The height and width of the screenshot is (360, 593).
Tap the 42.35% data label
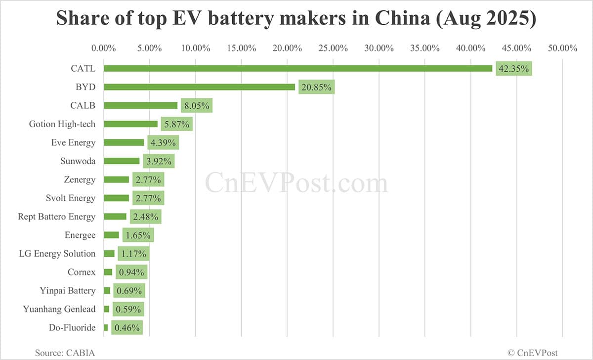pyautogui.click(x=514, y=69)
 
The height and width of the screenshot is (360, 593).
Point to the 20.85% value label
pyautogui.click(x=316, y=87)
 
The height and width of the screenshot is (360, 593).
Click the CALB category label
pyautogui.click(x=83, y=105)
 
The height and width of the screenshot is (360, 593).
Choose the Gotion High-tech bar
pyautogui.click(x=130, y=124)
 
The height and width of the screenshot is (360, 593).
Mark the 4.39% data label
pyautogui.click(x=163, y=142)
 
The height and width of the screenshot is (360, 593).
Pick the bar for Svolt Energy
pyautogui.click(x=116, y=198)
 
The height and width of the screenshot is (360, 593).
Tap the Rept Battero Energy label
pyautogui.click(x=56, y=217)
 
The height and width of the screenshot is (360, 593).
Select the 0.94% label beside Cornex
pyautogui.click(x=131, y=272)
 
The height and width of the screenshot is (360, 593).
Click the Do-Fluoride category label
pyautogui.click(x=72, y=327)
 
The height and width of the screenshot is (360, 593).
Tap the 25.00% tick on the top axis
pyautogui.click(x=333, y=48)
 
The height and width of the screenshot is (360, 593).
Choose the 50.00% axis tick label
pyautogui.click(x=562, y=48)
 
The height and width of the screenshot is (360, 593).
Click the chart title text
pyautogui.click(x=296, y=19)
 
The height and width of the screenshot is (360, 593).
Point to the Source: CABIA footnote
pyautogui.click(x=64, y=353)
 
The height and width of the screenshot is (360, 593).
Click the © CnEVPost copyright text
pyautogui.click(x=533, y=353)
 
